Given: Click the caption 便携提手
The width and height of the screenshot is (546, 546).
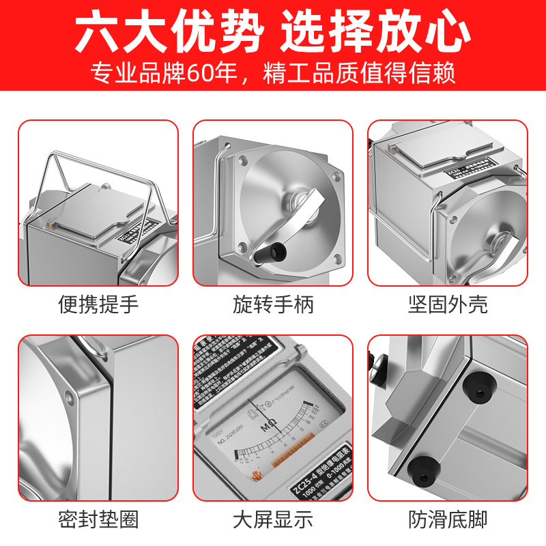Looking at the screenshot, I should (98, 304).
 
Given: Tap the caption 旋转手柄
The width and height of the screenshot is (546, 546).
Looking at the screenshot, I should (273, 304).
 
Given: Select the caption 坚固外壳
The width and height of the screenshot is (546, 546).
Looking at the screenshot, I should (448, 304).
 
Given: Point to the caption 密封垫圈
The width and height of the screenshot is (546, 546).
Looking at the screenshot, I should (98, 520).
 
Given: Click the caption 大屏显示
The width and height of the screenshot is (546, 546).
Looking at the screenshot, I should (273, 520).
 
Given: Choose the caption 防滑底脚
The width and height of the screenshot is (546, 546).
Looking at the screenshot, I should (448, 520).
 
